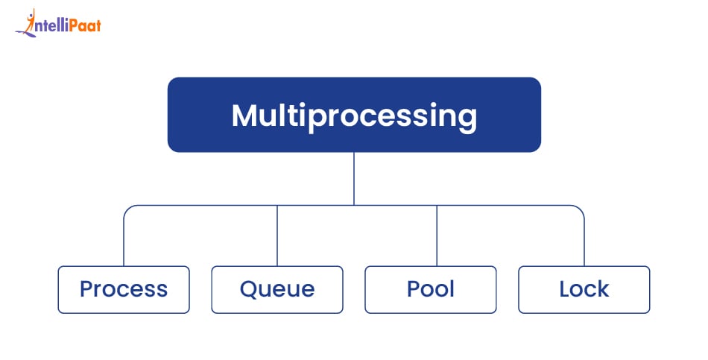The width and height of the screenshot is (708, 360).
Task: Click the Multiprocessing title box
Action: point(354,115)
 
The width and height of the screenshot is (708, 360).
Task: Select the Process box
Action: point(124,289)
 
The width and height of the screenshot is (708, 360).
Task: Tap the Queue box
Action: point(277,289)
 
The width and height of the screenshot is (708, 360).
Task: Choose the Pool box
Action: point(431,289)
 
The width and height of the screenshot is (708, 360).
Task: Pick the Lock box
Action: point(584,289)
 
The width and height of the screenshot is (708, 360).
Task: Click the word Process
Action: point(124,289)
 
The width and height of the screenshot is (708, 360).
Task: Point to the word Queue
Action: point(277,289)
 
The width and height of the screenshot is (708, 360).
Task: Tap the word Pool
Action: point(431,289)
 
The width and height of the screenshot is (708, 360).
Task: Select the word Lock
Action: point(584,289)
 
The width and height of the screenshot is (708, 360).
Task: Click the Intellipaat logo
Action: point(58,24)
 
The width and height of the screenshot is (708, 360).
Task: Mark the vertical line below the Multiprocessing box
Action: point(354,179)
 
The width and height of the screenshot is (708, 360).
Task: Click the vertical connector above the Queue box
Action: point(277,236)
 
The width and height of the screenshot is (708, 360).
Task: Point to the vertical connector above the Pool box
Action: point(437,236)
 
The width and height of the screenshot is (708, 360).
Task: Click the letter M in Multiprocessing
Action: point(247,116)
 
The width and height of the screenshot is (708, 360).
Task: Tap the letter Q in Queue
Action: point(250,289)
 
